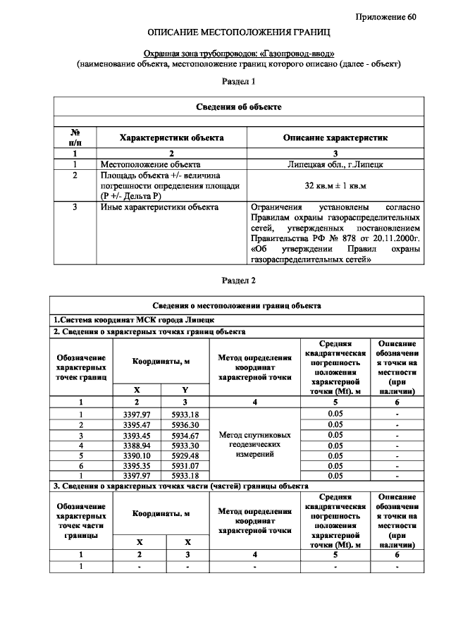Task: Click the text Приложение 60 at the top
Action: (386, 17)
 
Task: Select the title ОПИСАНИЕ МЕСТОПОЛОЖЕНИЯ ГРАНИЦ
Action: (238, 33)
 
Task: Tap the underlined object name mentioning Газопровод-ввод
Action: (239, 54)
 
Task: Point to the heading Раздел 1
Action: (238, 82)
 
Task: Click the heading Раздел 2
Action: (238, 280)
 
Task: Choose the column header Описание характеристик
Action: (335, 137)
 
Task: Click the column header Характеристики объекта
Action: (171, 137)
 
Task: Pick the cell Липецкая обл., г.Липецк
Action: (335, 164)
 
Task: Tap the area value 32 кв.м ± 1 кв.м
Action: (335, 185)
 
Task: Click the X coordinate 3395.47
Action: (137, 425)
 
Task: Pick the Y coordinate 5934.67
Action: (185, 436)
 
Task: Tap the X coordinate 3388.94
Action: (137, 446)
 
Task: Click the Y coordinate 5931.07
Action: (185, 466)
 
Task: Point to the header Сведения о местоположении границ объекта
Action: (238, 305)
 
